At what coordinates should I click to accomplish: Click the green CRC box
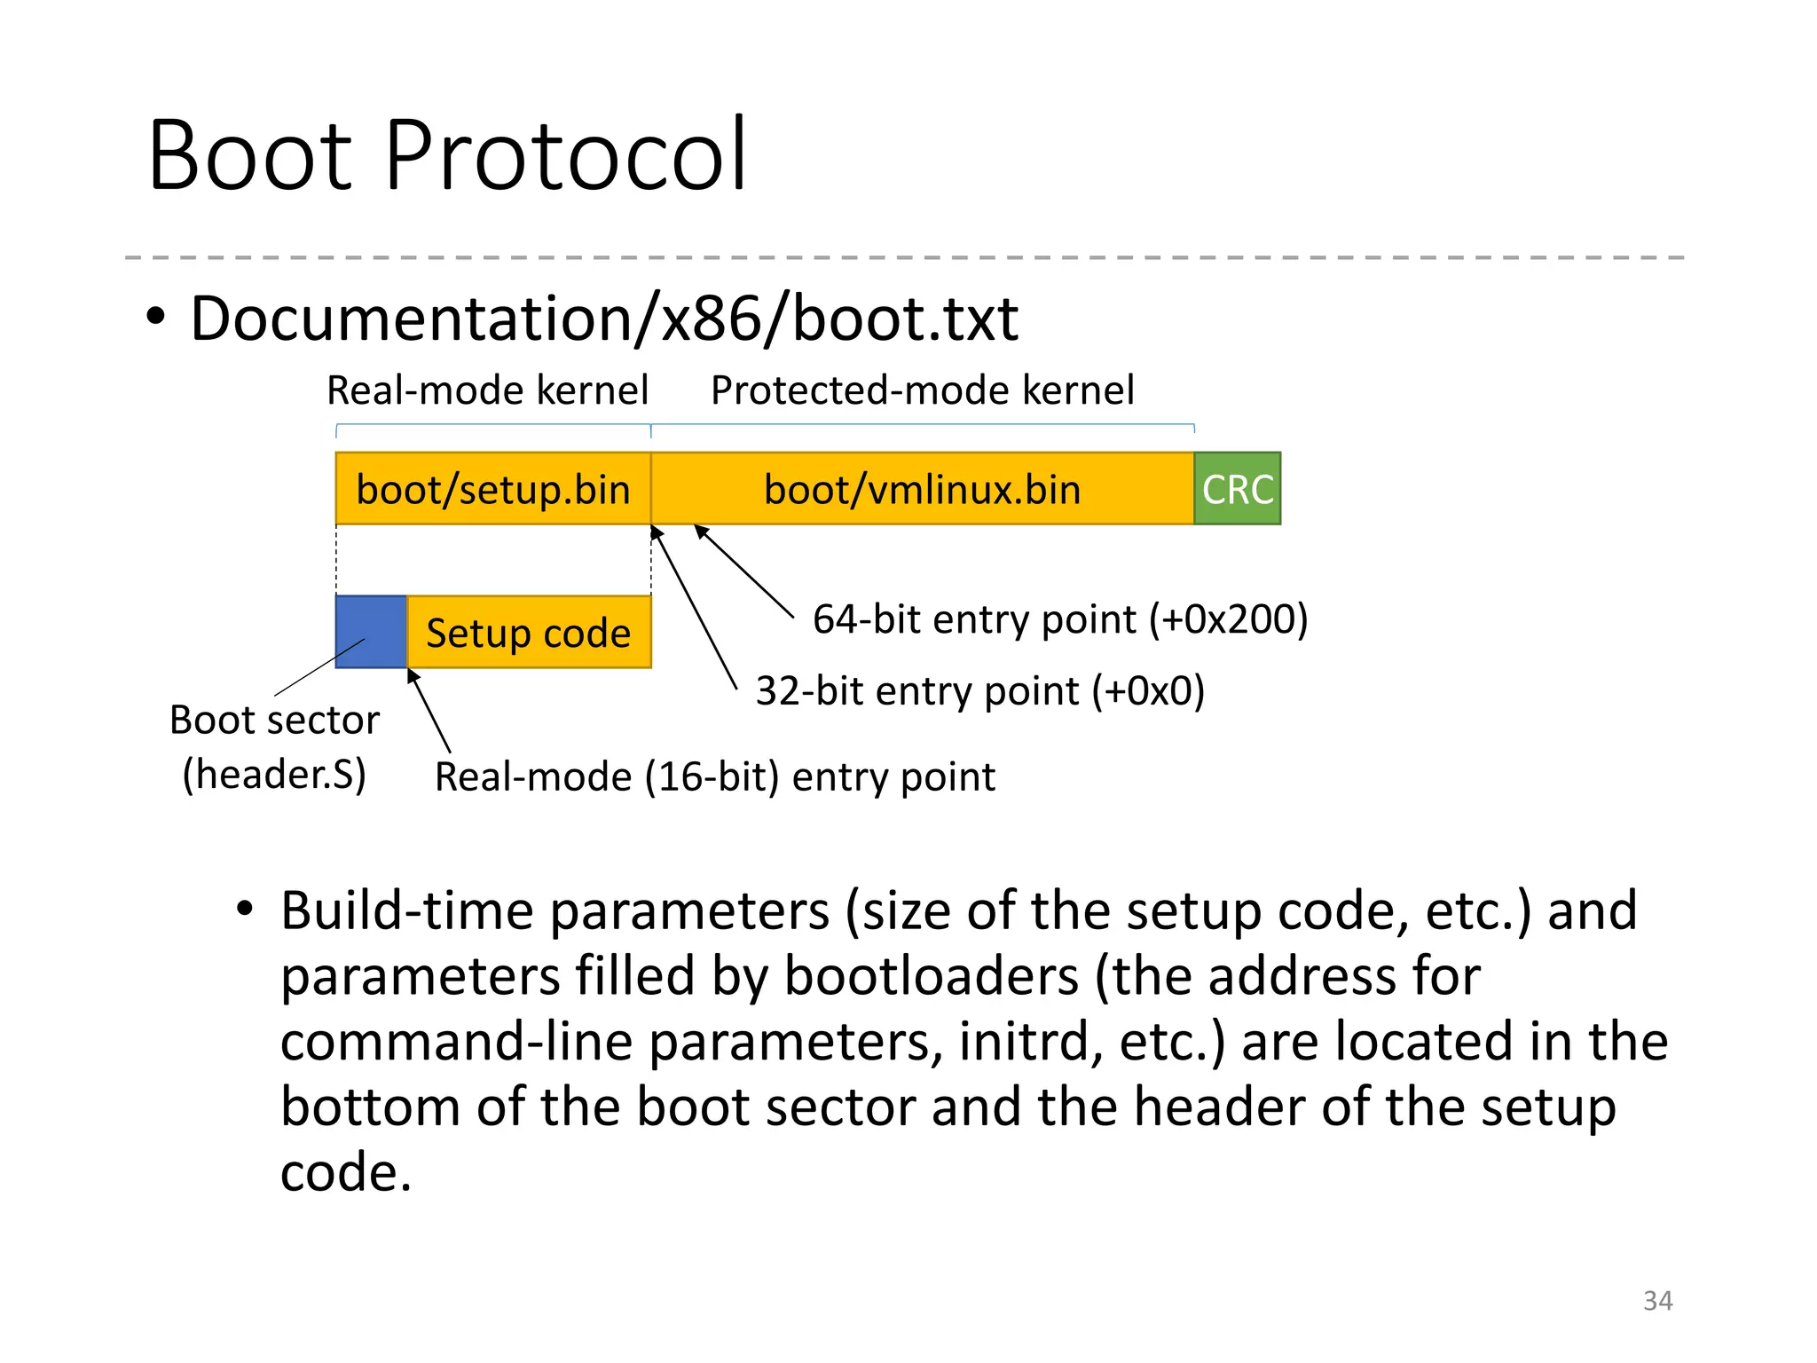1237,489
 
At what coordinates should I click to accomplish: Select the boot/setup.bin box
492,489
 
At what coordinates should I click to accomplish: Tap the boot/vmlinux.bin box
922,489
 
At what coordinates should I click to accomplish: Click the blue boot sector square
371,631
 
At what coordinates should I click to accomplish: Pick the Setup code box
529,633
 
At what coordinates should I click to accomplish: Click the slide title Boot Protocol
448,156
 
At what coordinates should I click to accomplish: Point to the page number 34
1657,1300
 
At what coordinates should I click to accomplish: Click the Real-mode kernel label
488,390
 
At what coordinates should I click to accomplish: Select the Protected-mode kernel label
922,390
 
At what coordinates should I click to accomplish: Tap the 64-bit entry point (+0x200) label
1060,619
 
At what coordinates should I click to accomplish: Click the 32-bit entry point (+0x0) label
979,690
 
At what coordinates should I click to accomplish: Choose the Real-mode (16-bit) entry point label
714,777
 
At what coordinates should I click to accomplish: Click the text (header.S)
274,774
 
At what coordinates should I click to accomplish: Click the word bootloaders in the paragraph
932,976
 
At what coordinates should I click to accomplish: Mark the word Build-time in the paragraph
407,910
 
